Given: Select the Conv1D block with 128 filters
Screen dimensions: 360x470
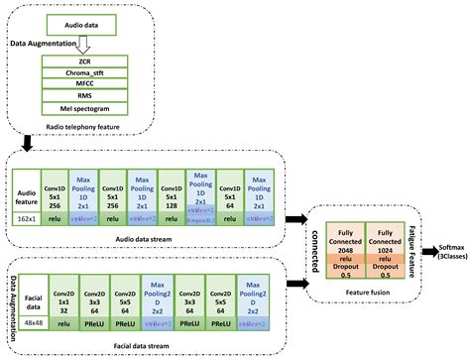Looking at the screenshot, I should pyautogui.click(x=170, y=189).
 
